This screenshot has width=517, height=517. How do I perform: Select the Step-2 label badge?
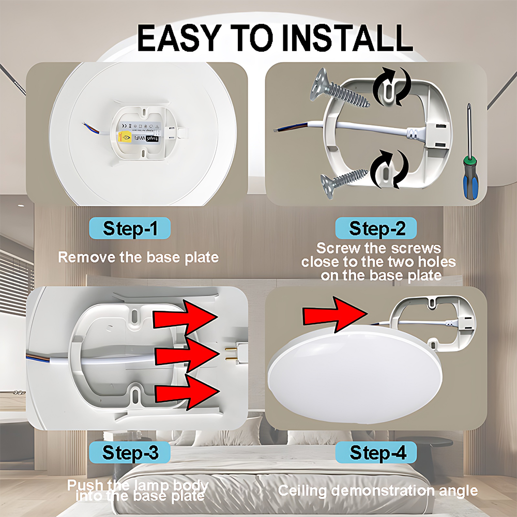point(376,228)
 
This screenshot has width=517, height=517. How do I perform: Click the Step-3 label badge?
point(130,453)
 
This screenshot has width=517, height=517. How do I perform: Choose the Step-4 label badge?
point(376,453)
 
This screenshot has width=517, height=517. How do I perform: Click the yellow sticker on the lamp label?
point(125,136)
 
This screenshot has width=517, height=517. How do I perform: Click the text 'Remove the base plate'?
point(138,257)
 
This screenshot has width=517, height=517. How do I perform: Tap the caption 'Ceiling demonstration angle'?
point(377,490)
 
